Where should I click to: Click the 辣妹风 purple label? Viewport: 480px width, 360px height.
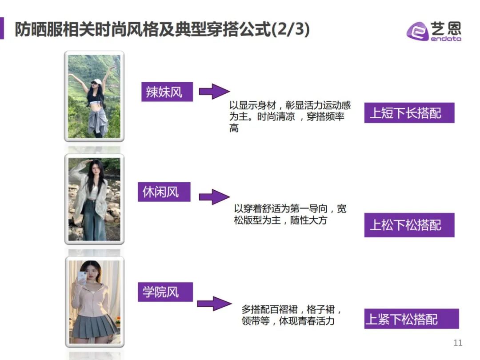tap(167, 92)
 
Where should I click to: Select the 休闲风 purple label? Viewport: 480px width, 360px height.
tap(164, 192)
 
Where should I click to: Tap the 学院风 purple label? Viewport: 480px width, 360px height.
tap(165, 292)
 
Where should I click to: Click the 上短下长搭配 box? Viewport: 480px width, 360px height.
tap(409, 113)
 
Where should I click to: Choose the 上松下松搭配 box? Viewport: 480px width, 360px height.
tap(409, 225)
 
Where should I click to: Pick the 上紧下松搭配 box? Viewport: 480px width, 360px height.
tap(412, 319)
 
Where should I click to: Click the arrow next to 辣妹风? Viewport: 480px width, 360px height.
tap(214, 91)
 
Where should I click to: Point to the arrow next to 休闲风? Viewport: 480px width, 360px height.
tap(214, 197)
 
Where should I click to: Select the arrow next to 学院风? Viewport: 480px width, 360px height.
tap(214, 304)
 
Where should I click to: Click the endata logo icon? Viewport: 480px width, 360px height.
tap(417, 31)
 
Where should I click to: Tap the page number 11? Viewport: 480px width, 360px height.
tap(458, 343)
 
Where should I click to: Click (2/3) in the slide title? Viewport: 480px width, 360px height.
tap(291, 29)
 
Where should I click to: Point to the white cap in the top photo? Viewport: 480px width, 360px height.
tap(97, 81)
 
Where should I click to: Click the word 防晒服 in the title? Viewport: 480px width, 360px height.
tap(39, 29)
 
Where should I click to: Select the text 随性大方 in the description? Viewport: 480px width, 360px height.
tap(308, 220)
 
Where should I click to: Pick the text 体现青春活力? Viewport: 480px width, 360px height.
tap(306, 321)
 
